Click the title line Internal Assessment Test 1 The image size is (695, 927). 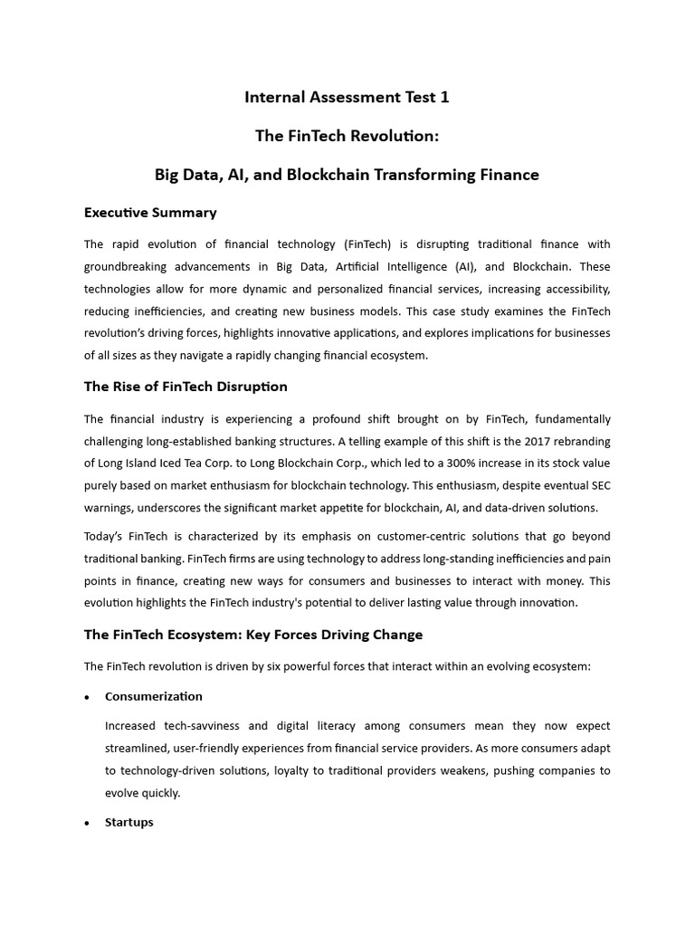(347, 97)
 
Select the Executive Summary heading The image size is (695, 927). (150, 213)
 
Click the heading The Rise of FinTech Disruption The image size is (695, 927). (186, 387)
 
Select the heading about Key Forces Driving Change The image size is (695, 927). (253, 635)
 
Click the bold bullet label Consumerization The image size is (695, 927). (154, 696)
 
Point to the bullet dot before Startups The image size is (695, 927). (87, 823)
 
